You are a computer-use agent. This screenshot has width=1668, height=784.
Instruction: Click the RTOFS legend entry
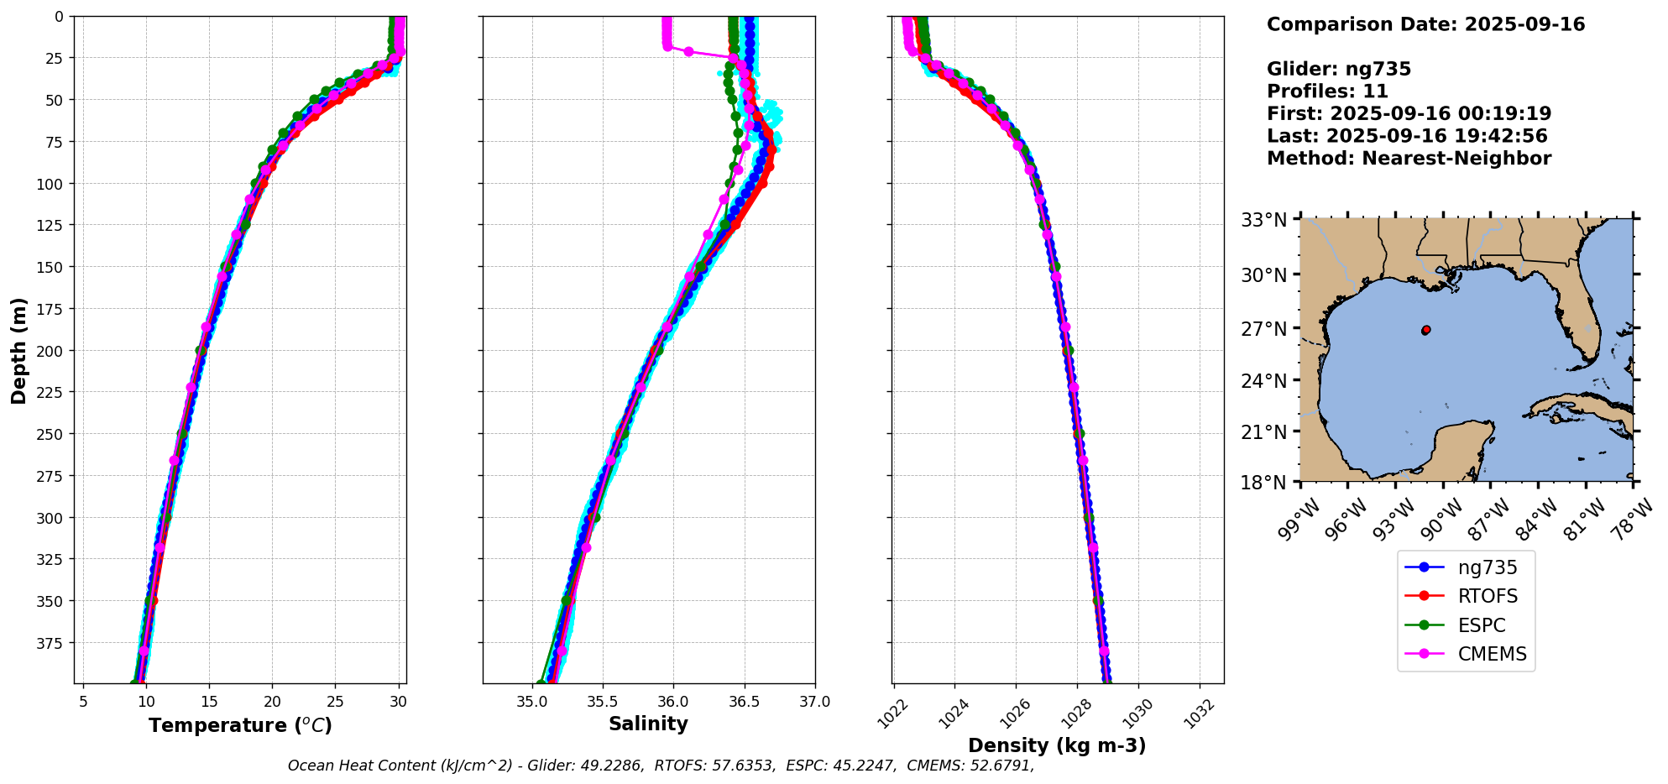(1488, 596)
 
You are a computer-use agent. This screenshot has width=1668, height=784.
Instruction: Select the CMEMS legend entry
(1492, 654)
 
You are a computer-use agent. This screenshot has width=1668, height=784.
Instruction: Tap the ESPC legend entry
(1481, 625)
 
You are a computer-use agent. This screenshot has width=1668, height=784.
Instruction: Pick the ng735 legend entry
(1488, 567)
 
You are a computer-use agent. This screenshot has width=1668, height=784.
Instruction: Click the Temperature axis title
(240, 725)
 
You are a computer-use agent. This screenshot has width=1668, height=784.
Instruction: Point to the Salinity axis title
(648, 724)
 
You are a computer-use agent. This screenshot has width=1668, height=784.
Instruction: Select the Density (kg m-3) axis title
(1057, 745)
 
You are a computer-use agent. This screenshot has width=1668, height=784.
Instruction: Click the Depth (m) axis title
(18, 350)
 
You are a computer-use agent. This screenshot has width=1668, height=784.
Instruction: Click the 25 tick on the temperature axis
(335, 702)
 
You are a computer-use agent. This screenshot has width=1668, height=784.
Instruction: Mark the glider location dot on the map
(1426, 330)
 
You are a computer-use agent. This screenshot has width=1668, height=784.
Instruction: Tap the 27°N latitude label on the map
(1264, 329)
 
